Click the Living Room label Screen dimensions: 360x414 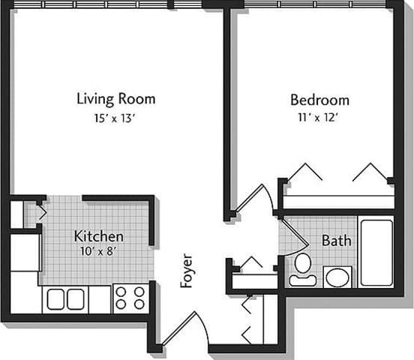116,98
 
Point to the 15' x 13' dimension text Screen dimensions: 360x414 116,117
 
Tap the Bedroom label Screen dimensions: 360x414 319,99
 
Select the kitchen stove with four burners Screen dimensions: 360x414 130,298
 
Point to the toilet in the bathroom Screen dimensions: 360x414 303,268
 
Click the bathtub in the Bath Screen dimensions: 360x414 376,253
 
